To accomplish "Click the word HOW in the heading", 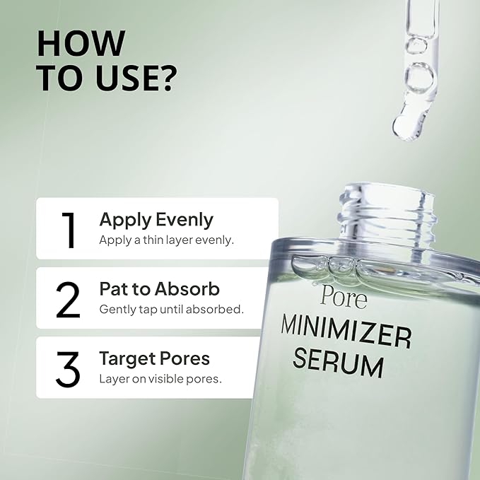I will click(81, 43).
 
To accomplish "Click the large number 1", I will click(69, 229).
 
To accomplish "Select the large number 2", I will click(68, 299).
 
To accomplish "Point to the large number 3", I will click(68, 368).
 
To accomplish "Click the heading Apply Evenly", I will click(156, 220).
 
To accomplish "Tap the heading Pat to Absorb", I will click(159, 289).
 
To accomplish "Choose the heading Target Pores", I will click(154, 358).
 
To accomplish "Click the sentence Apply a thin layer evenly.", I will click(166, 240).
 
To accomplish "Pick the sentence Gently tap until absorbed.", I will click(171, 309).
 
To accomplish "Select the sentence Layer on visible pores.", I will click(160, 378).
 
